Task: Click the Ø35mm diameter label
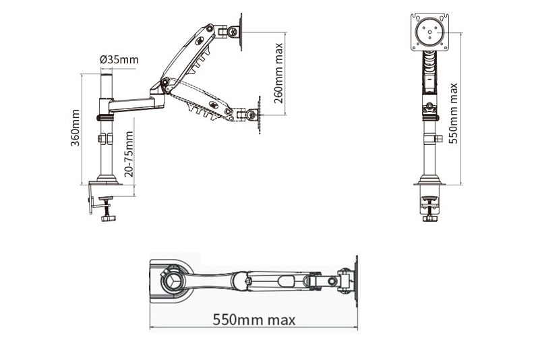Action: point(119,60)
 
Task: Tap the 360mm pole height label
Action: point(75,127)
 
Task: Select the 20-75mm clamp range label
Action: point(129,154)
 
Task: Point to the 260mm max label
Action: point(278,73)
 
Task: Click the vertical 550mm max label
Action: point(453,113)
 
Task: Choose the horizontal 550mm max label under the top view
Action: point(254,320)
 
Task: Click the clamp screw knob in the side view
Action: point(109,218)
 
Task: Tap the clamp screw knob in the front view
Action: point(429,218)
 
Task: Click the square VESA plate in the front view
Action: point(430,32)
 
